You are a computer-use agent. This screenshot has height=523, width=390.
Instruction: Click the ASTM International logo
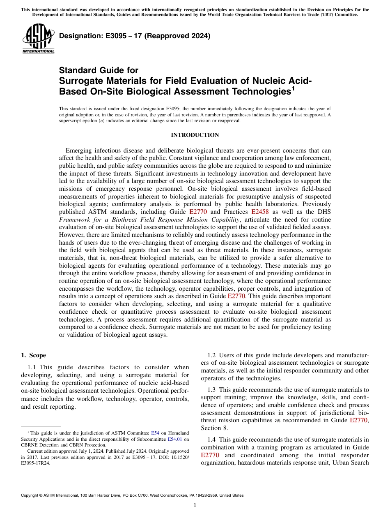38,38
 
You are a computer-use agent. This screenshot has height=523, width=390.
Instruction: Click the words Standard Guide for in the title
99,70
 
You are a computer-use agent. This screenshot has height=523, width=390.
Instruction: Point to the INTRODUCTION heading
195,135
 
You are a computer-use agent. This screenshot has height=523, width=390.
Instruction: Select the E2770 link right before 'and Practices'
198,211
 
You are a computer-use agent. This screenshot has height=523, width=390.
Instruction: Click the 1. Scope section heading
33,355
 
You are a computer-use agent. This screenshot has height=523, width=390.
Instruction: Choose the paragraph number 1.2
212,355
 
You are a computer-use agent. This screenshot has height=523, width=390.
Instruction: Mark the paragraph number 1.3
212,389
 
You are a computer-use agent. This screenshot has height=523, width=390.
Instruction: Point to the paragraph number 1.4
212,440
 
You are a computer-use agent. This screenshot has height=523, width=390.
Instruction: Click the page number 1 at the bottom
195,505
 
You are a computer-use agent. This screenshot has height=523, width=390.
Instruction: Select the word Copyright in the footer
30,495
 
